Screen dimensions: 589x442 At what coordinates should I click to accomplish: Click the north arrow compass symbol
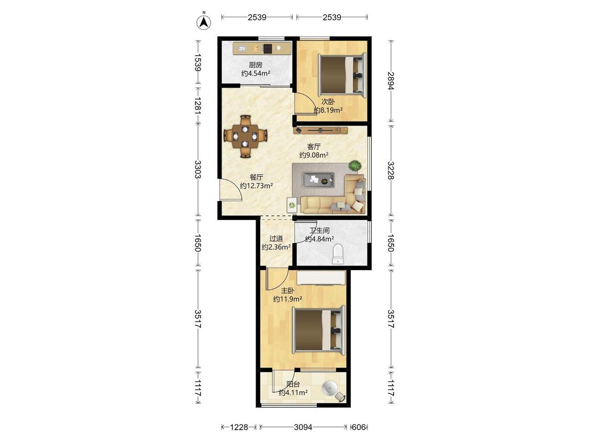(204, 22)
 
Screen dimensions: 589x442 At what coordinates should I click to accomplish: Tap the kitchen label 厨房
(255, 64)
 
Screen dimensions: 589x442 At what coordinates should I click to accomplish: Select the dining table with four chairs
(246, 136)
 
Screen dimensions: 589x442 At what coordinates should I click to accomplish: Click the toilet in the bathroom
(338, 253)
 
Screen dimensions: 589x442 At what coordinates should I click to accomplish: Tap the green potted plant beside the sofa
(355, 165)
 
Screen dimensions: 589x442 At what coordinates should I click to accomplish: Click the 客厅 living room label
(314, 146)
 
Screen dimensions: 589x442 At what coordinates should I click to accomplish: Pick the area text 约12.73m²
(256, 186)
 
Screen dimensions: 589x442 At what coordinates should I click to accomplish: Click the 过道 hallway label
(276, 238)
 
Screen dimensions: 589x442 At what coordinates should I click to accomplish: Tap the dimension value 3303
(198, 170)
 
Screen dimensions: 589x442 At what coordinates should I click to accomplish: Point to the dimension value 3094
(303, 427)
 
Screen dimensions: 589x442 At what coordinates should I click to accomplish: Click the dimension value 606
(359, 427)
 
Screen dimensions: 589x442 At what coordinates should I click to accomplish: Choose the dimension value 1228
(239, 427)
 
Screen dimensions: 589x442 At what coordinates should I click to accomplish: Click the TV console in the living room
(320, 130)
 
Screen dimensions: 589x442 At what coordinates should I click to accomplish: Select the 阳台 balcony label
(293, 384)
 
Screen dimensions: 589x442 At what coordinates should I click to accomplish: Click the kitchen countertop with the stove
(262, 49)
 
